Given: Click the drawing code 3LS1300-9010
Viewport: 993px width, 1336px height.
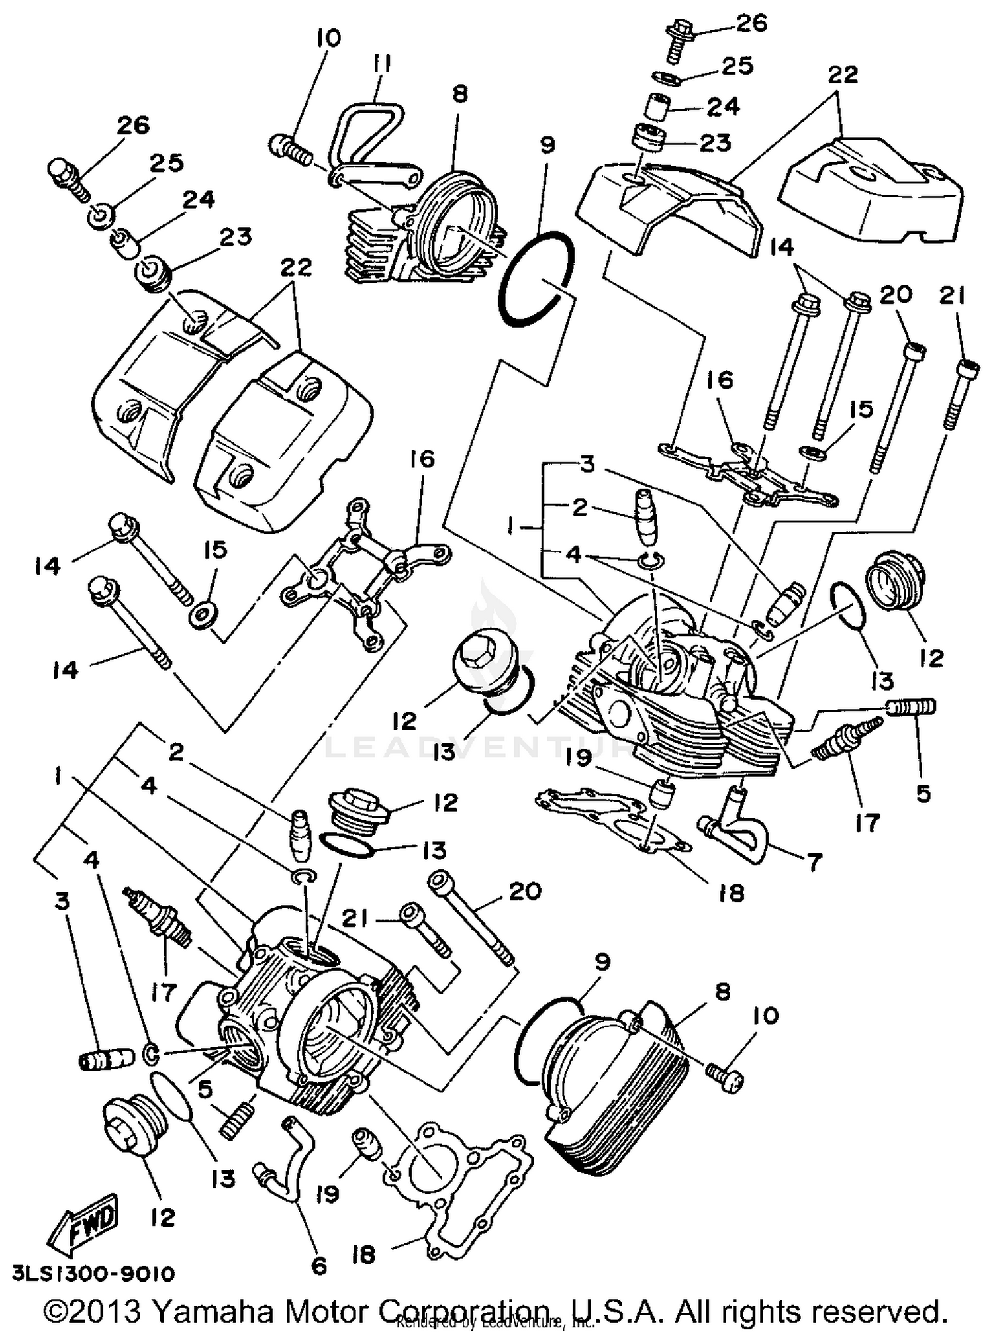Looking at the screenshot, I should coord(93,1274).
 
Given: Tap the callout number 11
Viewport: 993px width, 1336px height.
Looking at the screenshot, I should coord(382,65).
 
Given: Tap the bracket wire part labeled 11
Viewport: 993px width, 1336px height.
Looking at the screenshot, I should coord(371,142).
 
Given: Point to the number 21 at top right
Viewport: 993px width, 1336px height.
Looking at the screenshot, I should coord(953,297).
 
